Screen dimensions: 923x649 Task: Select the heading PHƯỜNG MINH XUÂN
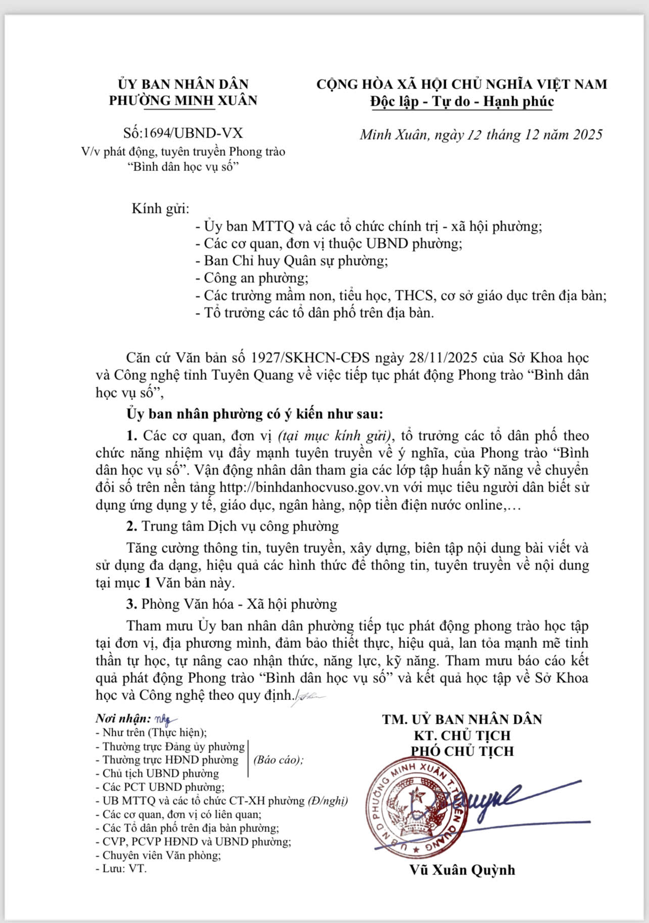click(183, 100)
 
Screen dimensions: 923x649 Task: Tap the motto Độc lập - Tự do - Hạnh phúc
click(462, 102)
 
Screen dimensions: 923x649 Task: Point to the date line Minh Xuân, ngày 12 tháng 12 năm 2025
click(481, 135)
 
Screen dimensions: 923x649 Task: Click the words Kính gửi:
click(160, 208)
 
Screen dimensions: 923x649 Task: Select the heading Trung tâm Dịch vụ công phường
click(240, 526)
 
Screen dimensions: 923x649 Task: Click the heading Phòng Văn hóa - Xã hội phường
click(239, 604)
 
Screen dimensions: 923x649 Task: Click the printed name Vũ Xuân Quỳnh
click(462, 870)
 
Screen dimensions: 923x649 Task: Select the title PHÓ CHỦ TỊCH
click(462, 751)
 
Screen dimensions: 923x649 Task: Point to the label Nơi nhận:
click(123, 719)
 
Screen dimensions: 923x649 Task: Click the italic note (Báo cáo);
click(278, 760)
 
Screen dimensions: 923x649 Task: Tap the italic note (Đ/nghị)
click(328, 801)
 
